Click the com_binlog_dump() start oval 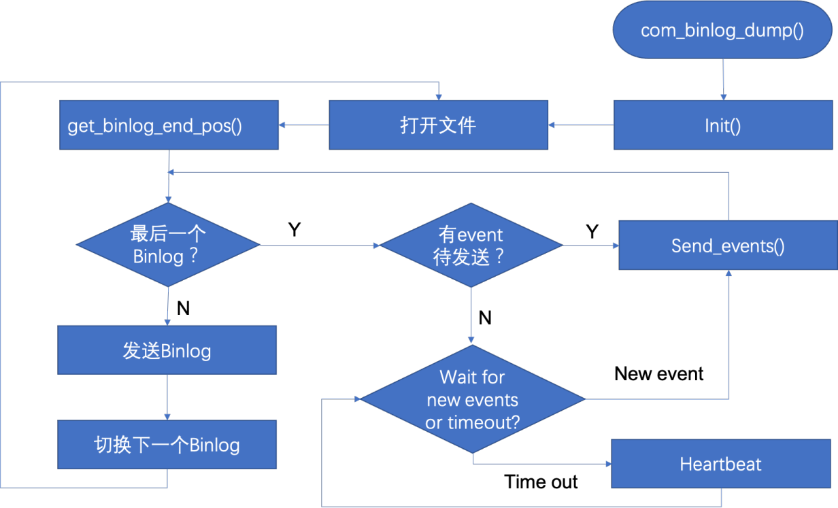tap(722, 30)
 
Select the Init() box tap(723, 125)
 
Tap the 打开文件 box tap(439, 125)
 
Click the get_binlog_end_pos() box tap(169, 125)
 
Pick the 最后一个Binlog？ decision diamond tap(168, 245)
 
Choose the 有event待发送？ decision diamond tap(471, 245)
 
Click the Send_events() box tap(728, 245)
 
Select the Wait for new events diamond tap(473, 399)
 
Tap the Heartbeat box tap(721, 464)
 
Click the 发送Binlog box tap(167, 350)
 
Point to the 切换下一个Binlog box tap(167, 445)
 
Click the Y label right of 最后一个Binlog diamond tap(295, 229)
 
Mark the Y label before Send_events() tap(592, 231)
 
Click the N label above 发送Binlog tap(184, 308)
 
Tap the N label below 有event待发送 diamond tap(485, 318)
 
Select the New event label tap(659, 374)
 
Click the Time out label tap(541, 481)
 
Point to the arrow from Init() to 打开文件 tap(581, 125)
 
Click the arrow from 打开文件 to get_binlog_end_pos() tap(304, 125)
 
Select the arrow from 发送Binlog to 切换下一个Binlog tap(167, 397)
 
